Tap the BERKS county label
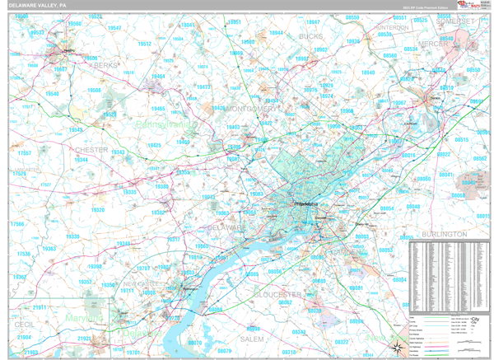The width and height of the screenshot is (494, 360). [x=106, y=64]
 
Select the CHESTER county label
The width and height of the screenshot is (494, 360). [x=91, y=150]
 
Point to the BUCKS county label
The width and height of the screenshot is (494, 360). [x=310, y=37]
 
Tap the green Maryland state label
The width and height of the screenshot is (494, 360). [x=86, y=318]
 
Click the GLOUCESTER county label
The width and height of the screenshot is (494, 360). [x=277, y=293]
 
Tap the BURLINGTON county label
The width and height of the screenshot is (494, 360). [x=443, y=235]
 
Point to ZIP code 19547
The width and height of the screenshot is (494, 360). [x=123, y=28]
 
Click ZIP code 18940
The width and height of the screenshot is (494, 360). [x=367, y=72]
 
